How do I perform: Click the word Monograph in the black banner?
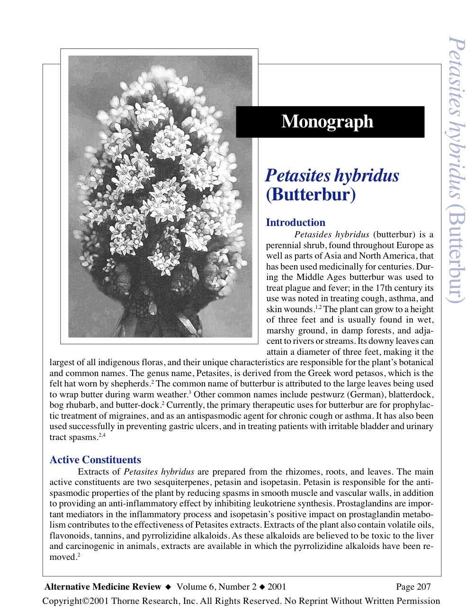coord(327,122)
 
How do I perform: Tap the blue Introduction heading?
coord(296,223)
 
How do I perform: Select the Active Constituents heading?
coord(95,460)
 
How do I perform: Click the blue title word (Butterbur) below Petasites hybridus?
coord(311,195)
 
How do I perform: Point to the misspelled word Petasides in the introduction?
coord(313,234)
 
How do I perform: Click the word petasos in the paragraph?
coord(369,373)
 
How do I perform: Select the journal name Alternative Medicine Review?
coord(103,587)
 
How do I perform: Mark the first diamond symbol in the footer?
coord(168,587)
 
